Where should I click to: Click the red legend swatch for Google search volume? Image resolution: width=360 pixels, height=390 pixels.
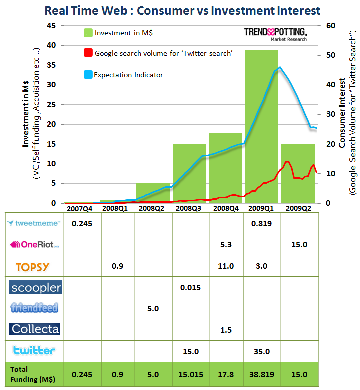tap(88, 53)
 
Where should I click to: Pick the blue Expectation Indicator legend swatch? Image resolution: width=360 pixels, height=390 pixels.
tap(88, 75)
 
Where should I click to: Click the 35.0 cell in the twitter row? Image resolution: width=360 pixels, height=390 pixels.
tap(262, 351)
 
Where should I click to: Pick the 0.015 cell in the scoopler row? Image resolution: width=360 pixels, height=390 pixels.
tap(190, 288)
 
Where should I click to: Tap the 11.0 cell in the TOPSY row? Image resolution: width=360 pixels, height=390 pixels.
tap(226, 266)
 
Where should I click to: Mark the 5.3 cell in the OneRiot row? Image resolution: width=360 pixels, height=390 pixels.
tap(226, 245)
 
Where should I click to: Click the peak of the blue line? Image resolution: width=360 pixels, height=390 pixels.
tap(280, 67)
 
